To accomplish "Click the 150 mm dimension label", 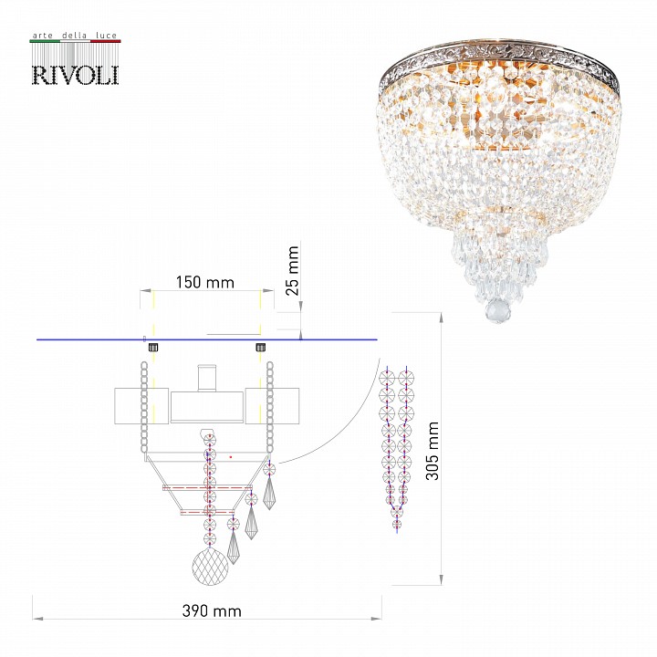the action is [x=205, y=282].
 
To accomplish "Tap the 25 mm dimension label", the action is [x=293, y=271].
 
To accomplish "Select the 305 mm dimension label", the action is [x=432, y=451].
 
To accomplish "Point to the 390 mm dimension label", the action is [x=212, y=610].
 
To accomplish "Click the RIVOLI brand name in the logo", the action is [x=76, y=75].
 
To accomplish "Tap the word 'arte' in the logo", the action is [x=43, y=36].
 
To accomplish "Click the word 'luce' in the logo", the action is [x=106, y=36].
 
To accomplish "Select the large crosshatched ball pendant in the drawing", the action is [x=210, y=567].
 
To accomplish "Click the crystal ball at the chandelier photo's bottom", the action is [x=498, y=311].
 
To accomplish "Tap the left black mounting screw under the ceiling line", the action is [x=153, y=347].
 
